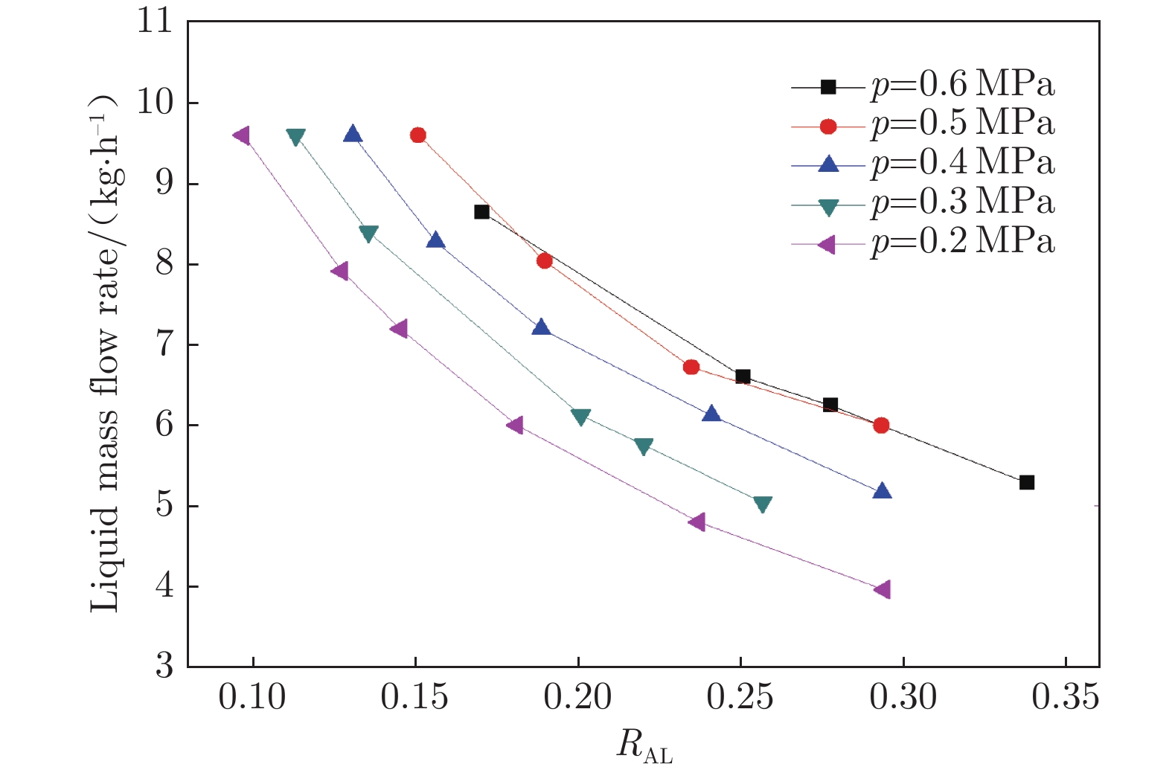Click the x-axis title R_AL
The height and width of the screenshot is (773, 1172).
click(x=644, y=745)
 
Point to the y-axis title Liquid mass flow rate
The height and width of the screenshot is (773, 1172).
click(x=105, y=354)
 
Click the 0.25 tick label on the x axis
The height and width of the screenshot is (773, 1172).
click(x=740, y=698)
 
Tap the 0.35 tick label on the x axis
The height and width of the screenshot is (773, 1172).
click(x=1065, y=698)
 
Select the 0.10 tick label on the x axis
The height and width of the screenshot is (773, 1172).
click(x=252, y=698)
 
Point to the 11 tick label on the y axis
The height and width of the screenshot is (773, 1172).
click(x=154, y=22)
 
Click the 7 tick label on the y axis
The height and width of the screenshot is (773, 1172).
click(x=164, y=344)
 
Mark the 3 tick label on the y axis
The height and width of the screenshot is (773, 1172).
click(x=164, y=666)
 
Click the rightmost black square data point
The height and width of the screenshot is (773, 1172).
click(x=1027, y=482)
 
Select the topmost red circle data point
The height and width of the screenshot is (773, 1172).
click(x=418, y=135)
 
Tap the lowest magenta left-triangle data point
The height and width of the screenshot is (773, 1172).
click(x=883, y=589)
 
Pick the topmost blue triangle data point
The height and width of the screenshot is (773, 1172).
click(x=353, y=134)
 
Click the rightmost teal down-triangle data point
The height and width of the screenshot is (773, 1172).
click(x=763, y=505)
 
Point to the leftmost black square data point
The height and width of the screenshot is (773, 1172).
click(x=481, y=212)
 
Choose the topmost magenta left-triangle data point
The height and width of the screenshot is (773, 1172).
click(x=241, y=135)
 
